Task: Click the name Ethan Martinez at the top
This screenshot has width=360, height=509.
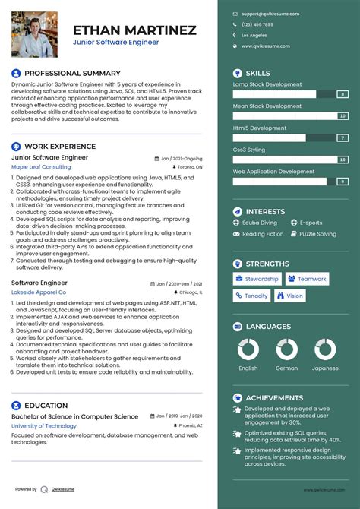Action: pyautogui.click(x=134, y=30)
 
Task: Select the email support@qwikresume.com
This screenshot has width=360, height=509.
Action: pyautogui.click(x=270, y=14)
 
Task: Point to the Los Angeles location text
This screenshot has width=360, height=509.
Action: pyautogui.click(x=254, y=35)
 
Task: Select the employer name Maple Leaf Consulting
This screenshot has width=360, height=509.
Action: pyautogui.click(x=41, y=166)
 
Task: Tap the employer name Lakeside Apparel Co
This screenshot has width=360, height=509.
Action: pyautogui.click(x=39, y=292)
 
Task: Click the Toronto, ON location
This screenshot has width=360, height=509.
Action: pyautogui.click(x=191, y=166)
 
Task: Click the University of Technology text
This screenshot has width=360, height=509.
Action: pyautogui.click(x=44, y=426)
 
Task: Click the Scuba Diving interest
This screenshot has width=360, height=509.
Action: pyautogui.click(x=260, y=223)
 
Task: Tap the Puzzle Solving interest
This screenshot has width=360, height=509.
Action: pyautogui.click(x=317, y=234)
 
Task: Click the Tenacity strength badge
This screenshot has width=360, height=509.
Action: pyautogui.click(x=251, y=296)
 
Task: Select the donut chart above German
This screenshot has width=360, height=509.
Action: pyautogui.click(x=286, y=349)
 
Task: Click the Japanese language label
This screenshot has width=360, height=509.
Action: pyautogui.click(x=325, y=368)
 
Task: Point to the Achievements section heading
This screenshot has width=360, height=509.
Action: pyautogui.click(x=273, y=397)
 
